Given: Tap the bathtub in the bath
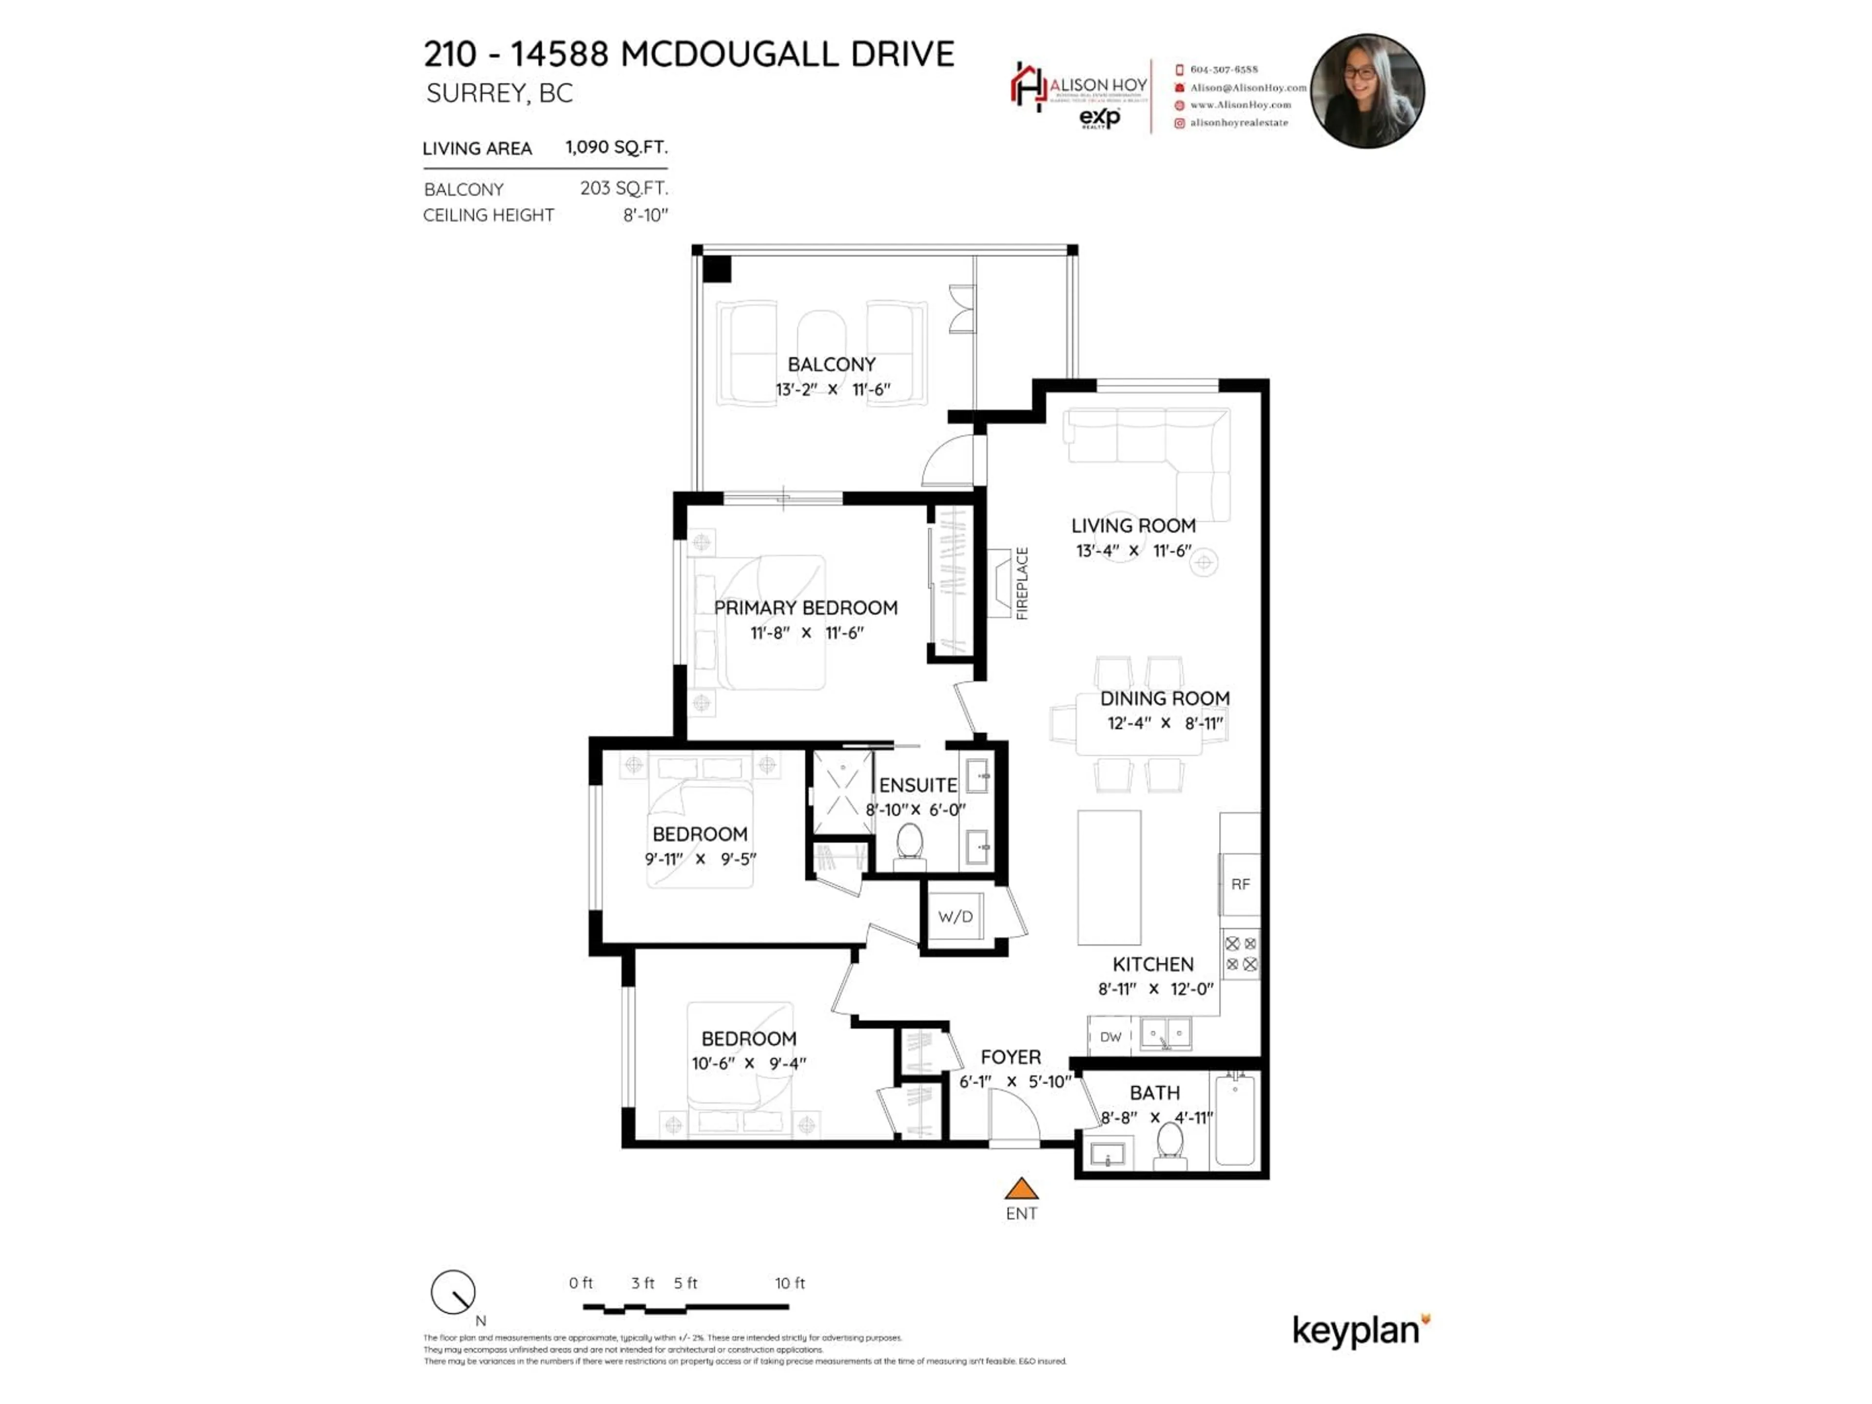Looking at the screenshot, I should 1236,1120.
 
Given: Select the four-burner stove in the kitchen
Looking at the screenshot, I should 1241,954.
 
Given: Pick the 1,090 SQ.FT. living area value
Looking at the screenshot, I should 616,147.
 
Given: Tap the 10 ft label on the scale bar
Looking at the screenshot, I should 790,1283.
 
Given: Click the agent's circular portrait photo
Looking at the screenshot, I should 1367,91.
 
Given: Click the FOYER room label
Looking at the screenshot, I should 1011,1057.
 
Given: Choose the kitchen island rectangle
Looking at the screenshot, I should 1109,877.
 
